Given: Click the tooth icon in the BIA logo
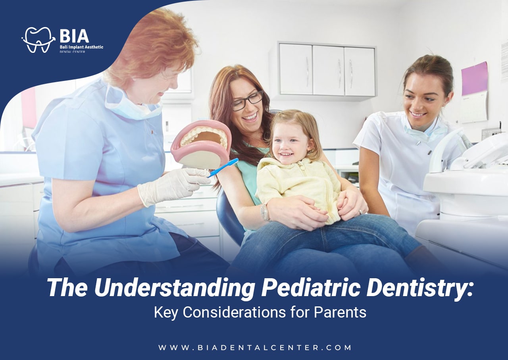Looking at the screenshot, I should click(x=38, y=39).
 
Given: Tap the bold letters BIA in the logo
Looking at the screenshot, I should click(x=74, y=36).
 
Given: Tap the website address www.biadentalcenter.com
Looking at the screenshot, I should click(x=255, y=348).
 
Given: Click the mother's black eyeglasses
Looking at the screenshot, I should click(x=247, y=101).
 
